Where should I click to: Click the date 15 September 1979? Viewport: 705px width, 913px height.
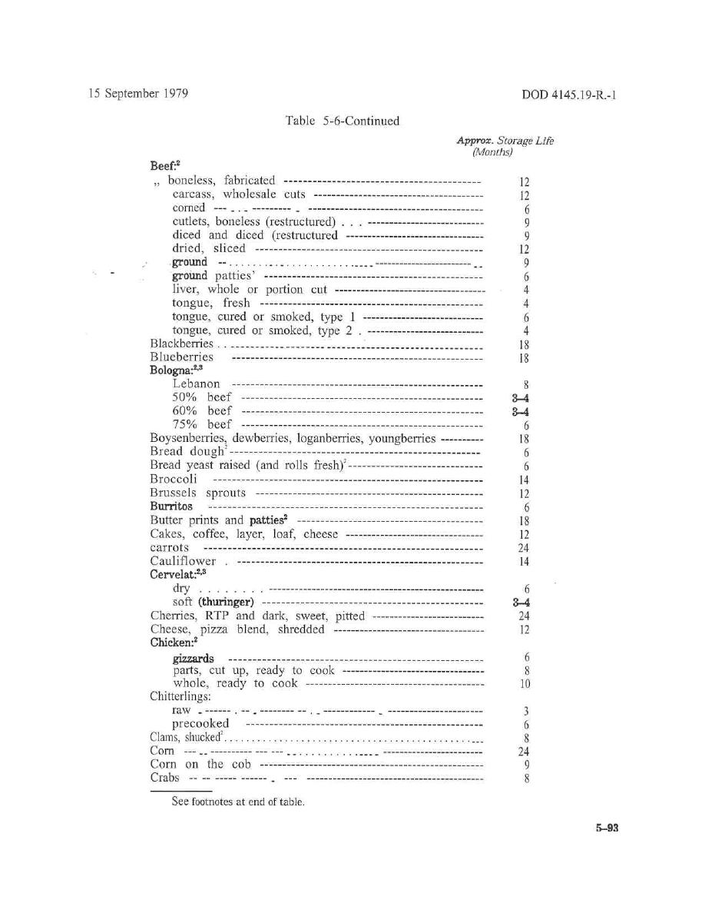138,94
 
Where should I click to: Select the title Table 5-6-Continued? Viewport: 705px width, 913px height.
343,121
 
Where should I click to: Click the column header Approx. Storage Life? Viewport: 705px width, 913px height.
505,141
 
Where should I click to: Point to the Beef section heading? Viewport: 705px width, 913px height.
164,165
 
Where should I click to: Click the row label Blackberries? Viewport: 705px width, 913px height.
181,344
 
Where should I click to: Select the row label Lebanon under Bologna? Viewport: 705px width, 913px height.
196,383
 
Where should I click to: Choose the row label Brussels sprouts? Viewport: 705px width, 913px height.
198,493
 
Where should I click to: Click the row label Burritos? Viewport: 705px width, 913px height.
171,506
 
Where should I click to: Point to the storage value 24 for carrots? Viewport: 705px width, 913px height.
525,548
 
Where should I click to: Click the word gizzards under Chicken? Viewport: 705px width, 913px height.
193,659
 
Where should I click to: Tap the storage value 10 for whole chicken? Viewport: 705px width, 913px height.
525,684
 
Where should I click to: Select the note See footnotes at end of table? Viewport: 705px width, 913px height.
238,802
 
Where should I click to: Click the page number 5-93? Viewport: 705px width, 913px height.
606,828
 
